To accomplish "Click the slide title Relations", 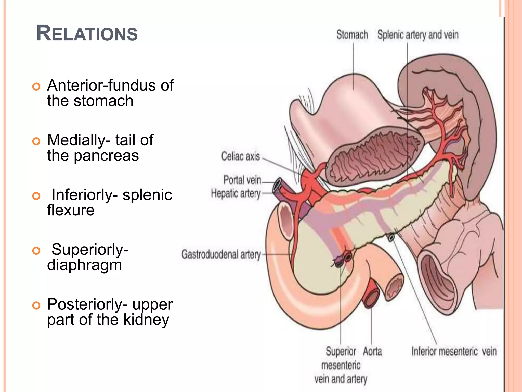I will [x=87, y=33].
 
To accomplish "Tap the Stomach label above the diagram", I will [x=352, y=35].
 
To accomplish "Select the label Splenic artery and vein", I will [x=418, y=35].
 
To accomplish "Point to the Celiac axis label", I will [x=240, y=156].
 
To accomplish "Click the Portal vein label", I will [x=242, y=180].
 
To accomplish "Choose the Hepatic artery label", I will [x=236, y=193].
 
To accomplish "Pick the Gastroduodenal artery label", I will [x=221, y=254].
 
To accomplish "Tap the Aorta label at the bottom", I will [x=372, y=351].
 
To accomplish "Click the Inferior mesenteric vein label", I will [x=454, y=351].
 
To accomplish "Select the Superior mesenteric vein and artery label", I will [x=341, y=365].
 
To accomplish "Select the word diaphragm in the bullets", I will [x=84, y=265].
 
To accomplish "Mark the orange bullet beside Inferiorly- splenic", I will [x=36, y=196].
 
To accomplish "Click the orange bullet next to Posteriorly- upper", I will [x=36, y=305].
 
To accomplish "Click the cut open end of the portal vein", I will [x=277, y=185].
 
